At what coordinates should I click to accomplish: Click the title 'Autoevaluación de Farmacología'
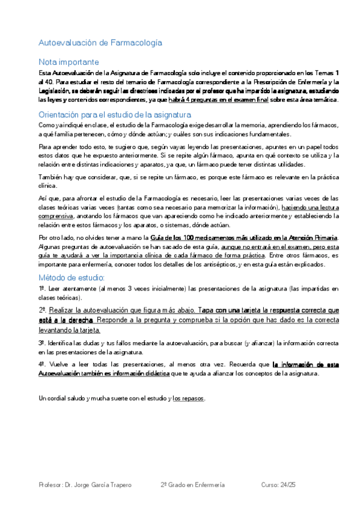(100, 43)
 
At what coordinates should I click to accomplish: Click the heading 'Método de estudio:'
(72, 277)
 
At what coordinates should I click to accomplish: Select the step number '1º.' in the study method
(42, 289)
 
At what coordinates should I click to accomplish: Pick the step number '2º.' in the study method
(42, 310)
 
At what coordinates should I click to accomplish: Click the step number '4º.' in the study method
(42, 364)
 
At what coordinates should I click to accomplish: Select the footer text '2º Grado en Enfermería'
(192, 485)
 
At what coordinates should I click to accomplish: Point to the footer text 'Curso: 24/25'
(280, 485)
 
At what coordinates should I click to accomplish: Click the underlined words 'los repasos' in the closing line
(189, 398)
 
